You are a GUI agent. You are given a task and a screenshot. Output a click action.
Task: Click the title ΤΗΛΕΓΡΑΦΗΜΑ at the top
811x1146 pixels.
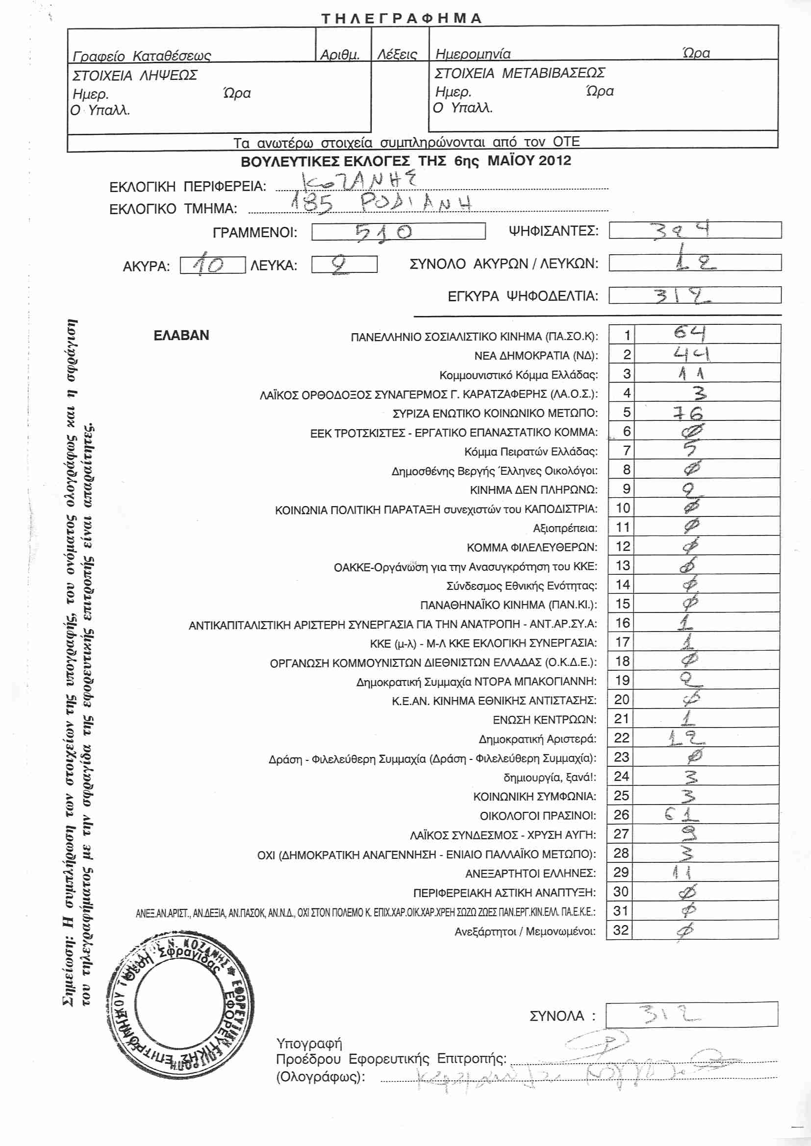[402, 19]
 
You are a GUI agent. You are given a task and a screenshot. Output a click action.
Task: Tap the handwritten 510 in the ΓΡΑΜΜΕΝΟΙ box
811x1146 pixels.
[383, 232]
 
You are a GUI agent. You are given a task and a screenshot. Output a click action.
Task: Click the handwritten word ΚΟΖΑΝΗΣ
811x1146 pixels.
[359, 182]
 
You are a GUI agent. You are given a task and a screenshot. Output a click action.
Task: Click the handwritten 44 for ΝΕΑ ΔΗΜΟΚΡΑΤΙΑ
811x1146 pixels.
[692, 354]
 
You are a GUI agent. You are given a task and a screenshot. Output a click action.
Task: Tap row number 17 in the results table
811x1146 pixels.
[622, 642]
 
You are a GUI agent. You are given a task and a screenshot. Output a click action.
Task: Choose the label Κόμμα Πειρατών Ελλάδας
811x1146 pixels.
[531, 452]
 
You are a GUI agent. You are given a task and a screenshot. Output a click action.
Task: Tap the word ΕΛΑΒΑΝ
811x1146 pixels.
[181, 336]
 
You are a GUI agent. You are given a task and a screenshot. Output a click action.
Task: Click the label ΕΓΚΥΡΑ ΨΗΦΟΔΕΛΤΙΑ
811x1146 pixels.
[523, 296]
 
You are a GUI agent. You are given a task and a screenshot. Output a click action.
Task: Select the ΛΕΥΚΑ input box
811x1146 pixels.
[344, 264]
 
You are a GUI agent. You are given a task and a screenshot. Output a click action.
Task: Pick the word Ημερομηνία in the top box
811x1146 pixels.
[473, 53]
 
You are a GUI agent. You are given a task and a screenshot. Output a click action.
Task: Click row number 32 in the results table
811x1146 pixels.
[621, 930]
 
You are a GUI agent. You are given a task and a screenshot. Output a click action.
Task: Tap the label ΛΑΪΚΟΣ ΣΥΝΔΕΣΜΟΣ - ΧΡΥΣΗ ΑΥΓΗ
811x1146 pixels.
[503, 834]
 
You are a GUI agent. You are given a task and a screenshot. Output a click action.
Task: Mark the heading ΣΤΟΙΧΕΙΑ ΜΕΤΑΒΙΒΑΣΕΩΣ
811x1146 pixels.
[520, 73]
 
